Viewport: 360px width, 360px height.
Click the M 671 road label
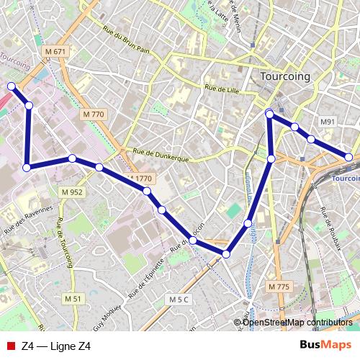[55, 52]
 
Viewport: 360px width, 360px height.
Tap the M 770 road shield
[94, 114]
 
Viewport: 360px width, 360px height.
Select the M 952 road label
[72, 192]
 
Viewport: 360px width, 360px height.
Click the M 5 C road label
[179, 299]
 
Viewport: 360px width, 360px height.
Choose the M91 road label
[328, 122]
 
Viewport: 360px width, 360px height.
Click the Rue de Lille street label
[221, 89]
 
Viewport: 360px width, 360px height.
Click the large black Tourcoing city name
[284, 76]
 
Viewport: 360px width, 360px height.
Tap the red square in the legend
[9, 346]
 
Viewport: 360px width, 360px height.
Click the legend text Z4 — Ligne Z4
[56, 346]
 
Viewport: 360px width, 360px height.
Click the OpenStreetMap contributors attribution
[297, 322]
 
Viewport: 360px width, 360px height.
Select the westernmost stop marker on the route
[12, 86]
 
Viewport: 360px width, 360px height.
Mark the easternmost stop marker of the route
[348, 157]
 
